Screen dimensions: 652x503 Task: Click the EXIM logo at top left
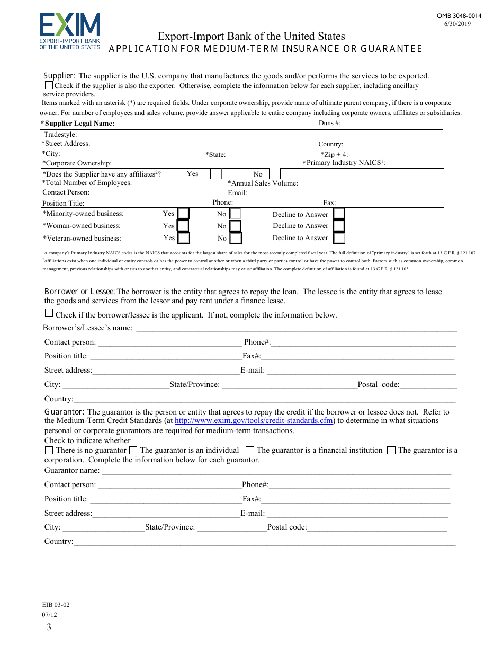69,31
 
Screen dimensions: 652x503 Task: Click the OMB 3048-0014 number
459,16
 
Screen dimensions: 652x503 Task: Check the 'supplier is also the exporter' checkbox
49,85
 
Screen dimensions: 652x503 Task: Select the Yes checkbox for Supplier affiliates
215,173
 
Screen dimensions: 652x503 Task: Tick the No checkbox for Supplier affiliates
275,173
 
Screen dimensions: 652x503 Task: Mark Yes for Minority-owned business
183,214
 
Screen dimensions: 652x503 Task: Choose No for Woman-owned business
236,226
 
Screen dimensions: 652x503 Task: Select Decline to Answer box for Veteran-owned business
339,238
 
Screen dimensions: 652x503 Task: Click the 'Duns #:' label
329,123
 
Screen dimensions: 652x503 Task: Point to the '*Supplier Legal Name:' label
78,124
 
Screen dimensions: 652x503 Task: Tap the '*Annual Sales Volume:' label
263,183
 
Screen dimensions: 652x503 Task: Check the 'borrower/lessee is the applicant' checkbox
49,313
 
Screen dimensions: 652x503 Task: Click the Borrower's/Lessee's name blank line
297,328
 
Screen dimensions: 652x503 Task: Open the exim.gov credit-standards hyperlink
254,421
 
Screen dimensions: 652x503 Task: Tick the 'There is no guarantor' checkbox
49,450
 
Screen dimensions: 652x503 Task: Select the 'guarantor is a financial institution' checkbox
250,450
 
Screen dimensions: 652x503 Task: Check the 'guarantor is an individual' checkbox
133,450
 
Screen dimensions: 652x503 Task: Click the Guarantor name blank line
275,471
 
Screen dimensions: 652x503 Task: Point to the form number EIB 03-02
56,605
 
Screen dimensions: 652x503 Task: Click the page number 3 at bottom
49,628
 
